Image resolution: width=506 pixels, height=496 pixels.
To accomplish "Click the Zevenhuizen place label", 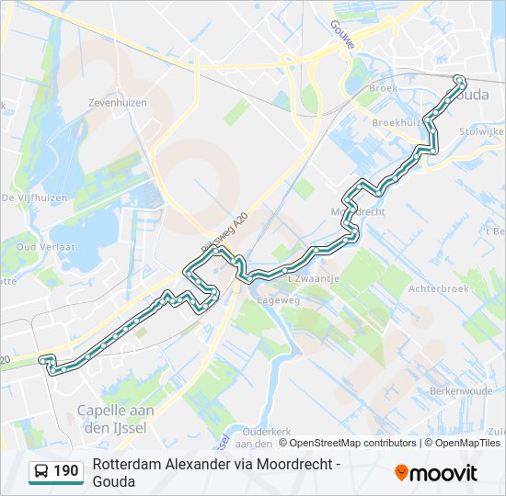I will (117, 103).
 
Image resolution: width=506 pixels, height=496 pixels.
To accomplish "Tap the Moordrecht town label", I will (357, 211).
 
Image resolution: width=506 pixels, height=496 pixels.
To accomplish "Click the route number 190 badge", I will (65, 472).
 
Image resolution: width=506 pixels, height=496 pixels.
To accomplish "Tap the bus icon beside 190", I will (41, 472).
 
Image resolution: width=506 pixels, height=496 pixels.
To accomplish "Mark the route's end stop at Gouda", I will (459, 80).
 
